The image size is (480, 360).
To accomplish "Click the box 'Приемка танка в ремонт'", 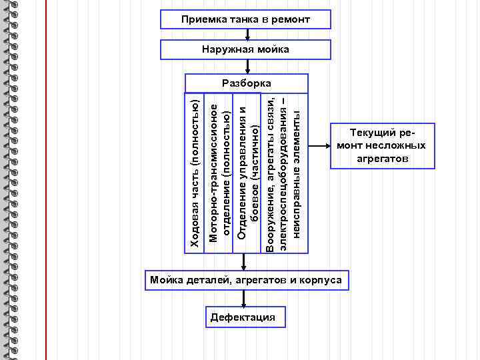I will pos(246,19).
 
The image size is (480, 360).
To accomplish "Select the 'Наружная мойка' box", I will pos(246,50).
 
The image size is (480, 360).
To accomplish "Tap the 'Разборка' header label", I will pos(246,83).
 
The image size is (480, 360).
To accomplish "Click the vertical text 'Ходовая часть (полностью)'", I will pos(195,173).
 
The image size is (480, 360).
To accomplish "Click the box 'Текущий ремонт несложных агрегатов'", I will pos(381,146).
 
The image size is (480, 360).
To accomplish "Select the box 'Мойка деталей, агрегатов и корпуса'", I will pos(246,280).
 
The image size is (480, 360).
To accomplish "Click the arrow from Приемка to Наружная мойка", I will pos(246,35).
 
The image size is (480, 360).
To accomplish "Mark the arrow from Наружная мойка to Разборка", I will pos(246,66).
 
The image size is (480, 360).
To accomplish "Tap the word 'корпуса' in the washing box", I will pos(323,280).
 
